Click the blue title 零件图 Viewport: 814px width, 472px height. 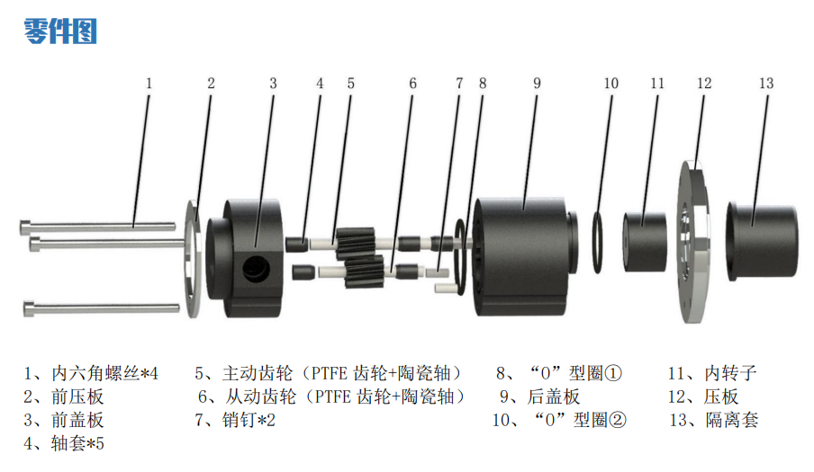click(60, 31)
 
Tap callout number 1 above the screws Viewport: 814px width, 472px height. click(149, 84)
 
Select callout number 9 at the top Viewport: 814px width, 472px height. click(537, 84)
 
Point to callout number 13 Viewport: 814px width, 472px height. click(766, 84)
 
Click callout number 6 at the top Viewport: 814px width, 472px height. click(412, 84)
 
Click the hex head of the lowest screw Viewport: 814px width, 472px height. click(29, 308)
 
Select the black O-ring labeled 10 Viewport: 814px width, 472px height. click(598, 242)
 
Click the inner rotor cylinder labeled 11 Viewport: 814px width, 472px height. click(645, 242)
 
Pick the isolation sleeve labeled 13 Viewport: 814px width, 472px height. click(762, 242)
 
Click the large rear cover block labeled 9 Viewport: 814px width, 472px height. click(522, 256)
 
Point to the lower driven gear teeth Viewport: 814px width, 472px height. click(365, 272)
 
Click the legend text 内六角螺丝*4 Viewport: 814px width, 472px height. click(104, 373)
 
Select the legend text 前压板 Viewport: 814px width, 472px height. click(77, 396)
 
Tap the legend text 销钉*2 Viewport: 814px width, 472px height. click(249, 420)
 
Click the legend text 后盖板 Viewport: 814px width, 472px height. click(554, 396)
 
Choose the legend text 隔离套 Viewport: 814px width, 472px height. click(732, 420)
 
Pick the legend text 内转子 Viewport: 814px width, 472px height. click(730, 373)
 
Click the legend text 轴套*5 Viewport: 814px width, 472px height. click(77, 443)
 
